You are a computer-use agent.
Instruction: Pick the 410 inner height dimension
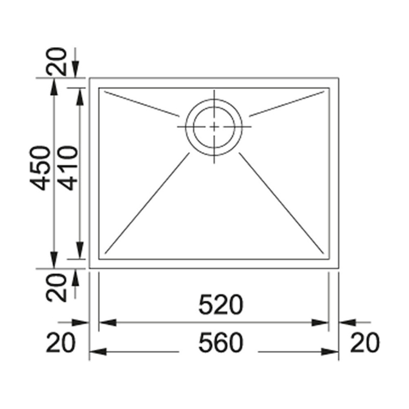click(68, 168)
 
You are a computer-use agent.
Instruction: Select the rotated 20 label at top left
click(56, 61)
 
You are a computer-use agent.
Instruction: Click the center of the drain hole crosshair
click(214, 127)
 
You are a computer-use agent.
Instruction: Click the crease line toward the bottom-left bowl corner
click(147, 202)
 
